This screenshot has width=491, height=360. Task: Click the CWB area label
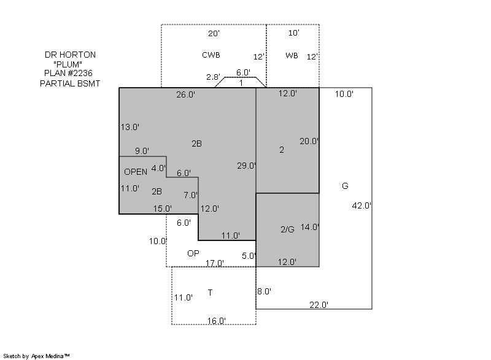click(211, 55)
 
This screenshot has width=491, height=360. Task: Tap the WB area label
click(292, 56)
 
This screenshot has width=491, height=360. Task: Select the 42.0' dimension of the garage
click(361, 205)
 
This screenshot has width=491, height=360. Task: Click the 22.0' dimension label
click(319, 305)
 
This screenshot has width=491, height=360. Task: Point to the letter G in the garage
click(345, 186)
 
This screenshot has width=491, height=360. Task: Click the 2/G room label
click(287, 229)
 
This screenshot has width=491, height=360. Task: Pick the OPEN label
click(136, 172)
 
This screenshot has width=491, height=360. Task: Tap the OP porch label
click(193, 253)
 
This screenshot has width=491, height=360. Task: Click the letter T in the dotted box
click(210, 293)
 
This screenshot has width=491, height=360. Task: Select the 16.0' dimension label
click(217, 321)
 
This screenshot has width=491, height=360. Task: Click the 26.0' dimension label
click(186, 94)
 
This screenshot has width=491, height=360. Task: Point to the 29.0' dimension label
click(247, 166)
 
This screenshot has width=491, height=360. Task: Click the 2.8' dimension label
click(213, 77)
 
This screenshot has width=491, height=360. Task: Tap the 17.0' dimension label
click(214, 263)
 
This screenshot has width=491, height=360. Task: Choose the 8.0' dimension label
click(264, 291)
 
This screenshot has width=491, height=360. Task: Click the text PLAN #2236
click(68, 73)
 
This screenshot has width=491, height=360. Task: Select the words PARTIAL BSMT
click(70, 83)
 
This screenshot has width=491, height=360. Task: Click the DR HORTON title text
click(70, 55)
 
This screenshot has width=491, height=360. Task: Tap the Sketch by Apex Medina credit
click(37, 356)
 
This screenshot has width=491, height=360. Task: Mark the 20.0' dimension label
click(309, 142)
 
